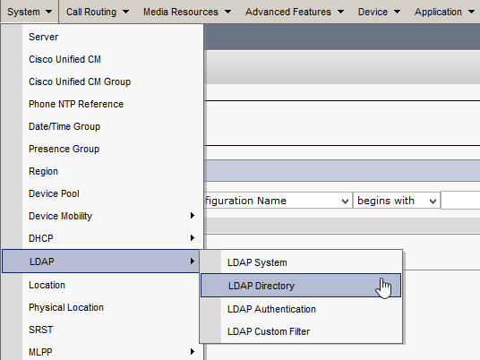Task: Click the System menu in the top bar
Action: tap(30, 12)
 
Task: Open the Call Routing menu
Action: tap(98, 12)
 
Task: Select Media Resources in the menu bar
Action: tap(187, 12)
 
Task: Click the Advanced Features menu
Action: tap(295, 12)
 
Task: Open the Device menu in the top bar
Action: tap(379, 12)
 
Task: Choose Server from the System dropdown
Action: tap(44, 37)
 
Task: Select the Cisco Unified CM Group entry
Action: tap(80, 81)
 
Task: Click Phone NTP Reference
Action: tap(76, 104)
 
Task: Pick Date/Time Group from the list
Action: tap(64, 126)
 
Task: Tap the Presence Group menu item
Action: tap(64, 149)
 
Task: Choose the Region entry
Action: tap(43, 171)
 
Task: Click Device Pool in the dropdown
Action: tap(54, 193)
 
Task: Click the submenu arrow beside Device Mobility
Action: tap(193, 216)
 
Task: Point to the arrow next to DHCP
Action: tap(193, 238)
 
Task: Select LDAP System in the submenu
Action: tap(257, 262)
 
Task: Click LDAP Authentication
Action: tap(271, 309)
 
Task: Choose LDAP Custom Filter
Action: tap(269, 331)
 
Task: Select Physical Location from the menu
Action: tap(66, 307)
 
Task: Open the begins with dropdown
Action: tap(397, 201)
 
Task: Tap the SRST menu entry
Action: tap(40, 330)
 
